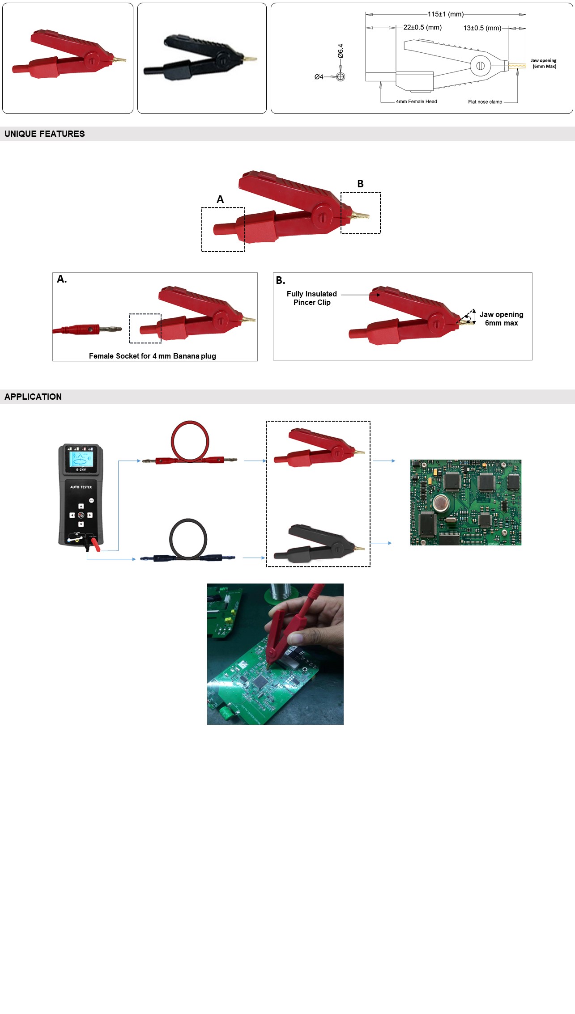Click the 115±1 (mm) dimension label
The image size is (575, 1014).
coord(445,14)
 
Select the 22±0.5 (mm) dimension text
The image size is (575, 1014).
coord(422,27)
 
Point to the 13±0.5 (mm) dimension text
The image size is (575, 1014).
coord(482,28)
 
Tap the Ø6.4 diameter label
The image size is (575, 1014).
coord(341,51)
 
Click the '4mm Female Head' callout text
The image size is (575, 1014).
coord(416,101)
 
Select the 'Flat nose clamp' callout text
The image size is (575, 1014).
coord(485,102)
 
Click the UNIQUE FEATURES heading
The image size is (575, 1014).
coord(45,134)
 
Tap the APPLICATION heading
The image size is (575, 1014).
coord(33,397)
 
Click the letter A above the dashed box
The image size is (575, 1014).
coord(220,199)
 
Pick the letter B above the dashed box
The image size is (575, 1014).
coord(360,184)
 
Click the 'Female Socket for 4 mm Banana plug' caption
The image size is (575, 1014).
coord(152,356)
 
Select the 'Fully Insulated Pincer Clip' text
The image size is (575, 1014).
coord(312,298)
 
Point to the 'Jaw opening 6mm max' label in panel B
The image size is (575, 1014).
coord(501,319)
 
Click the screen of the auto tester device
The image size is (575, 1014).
coord(81,459)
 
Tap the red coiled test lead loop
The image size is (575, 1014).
coord(190,441)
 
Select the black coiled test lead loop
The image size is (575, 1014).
coord(188,539)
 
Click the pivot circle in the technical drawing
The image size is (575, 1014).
coord(480,66)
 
